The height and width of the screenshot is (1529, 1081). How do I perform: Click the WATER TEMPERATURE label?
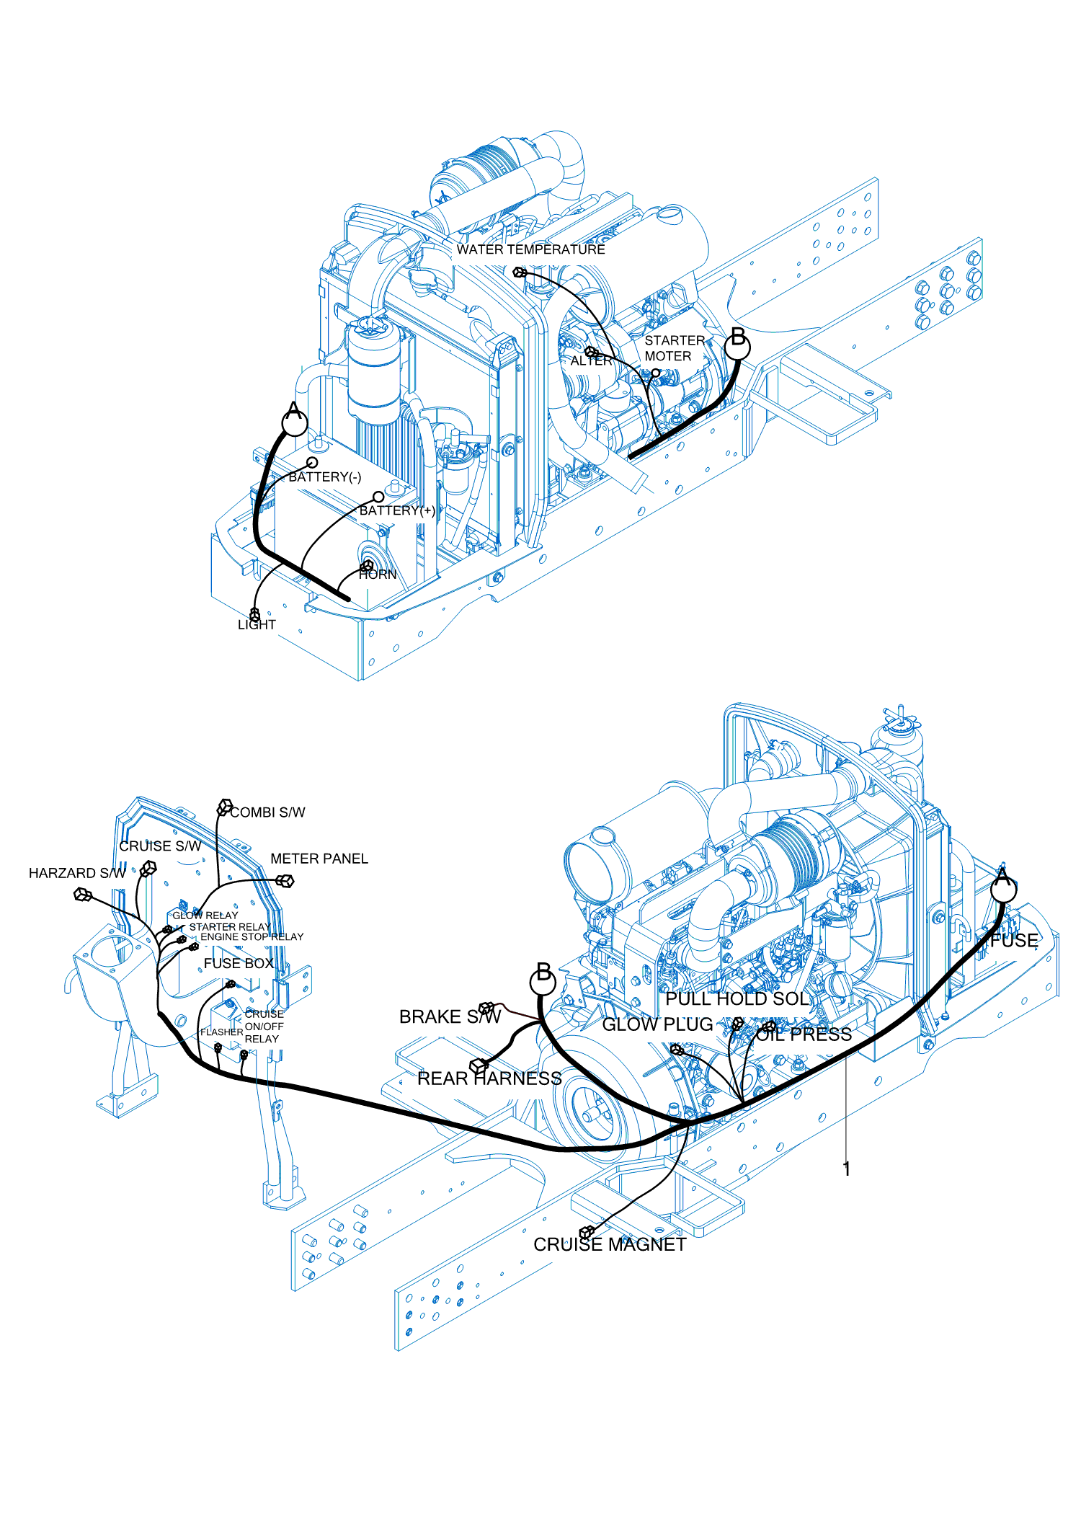click(530, 249)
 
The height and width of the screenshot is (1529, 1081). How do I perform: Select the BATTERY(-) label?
click(324, 477)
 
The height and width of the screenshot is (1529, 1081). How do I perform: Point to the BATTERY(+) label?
click(397, 510)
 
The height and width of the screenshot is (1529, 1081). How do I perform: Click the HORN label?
click(378, 575)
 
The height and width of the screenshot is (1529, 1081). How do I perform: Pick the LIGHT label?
click(257, 625)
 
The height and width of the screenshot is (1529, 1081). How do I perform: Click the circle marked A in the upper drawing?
click(294, 420)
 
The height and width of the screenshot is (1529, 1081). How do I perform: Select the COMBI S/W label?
click(267, 812)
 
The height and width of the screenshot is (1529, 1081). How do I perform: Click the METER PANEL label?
click(319, 859)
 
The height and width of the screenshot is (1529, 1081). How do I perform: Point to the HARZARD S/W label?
click(76, 873)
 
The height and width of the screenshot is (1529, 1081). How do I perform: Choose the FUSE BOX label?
click(238, 963)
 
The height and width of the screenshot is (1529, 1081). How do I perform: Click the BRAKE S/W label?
click(450, 1016)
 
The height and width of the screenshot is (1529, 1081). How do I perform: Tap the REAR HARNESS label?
click(489, 1078)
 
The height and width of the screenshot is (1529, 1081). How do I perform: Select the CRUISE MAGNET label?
click(610, 1244)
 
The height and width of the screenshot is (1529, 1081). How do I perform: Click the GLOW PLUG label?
click(657, 1024)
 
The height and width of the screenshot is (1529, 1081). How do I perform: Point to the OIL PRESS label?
click(804, 1034)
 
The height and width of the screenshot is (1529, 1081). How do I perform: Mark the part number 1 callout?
click(847, 1169)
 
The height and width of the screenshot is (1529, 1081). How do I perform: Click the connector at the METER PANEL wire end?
click(285, 880)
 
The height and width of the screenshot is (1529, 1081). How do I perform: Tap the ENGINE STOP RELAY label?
click(252, 936)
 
